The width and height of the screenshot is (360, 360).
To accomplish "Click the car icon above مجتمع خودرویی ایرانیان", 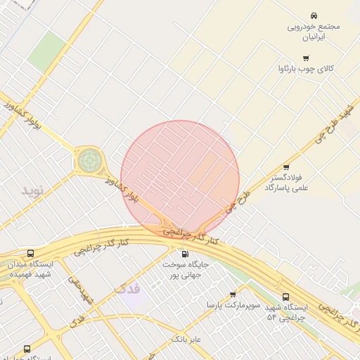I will [x=314, y=15].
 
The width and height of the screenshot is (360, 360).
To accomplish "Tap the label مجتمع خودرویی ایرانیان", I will [x=314, y=32].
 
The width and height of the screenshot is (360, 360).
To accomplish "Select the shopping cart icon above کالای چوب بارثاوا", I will [x=305, y=58].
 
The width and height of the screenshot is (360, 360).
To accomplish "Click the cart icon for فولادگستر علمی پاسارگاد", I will [x=285, y=167].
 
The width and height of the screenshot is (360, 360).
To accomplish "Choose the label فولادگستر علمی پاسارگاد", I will [x=287, y=183].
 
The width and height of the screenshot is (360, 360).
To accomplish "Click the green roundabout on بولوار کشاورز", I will [x=89, y=160].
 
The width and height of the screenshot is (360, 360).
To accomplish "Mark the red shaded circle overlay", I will [x=180, y=179].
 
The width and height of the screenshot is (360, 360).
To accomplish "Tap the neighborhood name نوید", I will [x=32, y=191].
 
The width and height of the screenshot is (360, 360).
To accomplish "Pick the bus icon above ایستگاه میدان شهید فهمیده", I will [x=30, y=253].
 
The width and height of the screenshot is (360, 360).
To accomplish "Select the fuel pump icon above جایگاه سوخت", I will [x=185, y=254].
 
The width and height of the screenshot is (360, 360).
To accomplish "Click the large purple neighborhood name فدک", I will [x=127, y=288].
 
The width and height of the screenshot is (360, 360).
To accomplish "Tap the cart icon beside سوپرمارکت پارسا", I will [x=233, y=294].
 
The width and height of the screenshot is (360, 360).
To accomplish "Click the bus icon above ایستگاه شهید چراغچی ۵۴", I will [x=285, y=297].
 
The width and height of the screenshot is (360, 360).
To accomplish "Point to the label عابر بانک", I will [x=186, y=340].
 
